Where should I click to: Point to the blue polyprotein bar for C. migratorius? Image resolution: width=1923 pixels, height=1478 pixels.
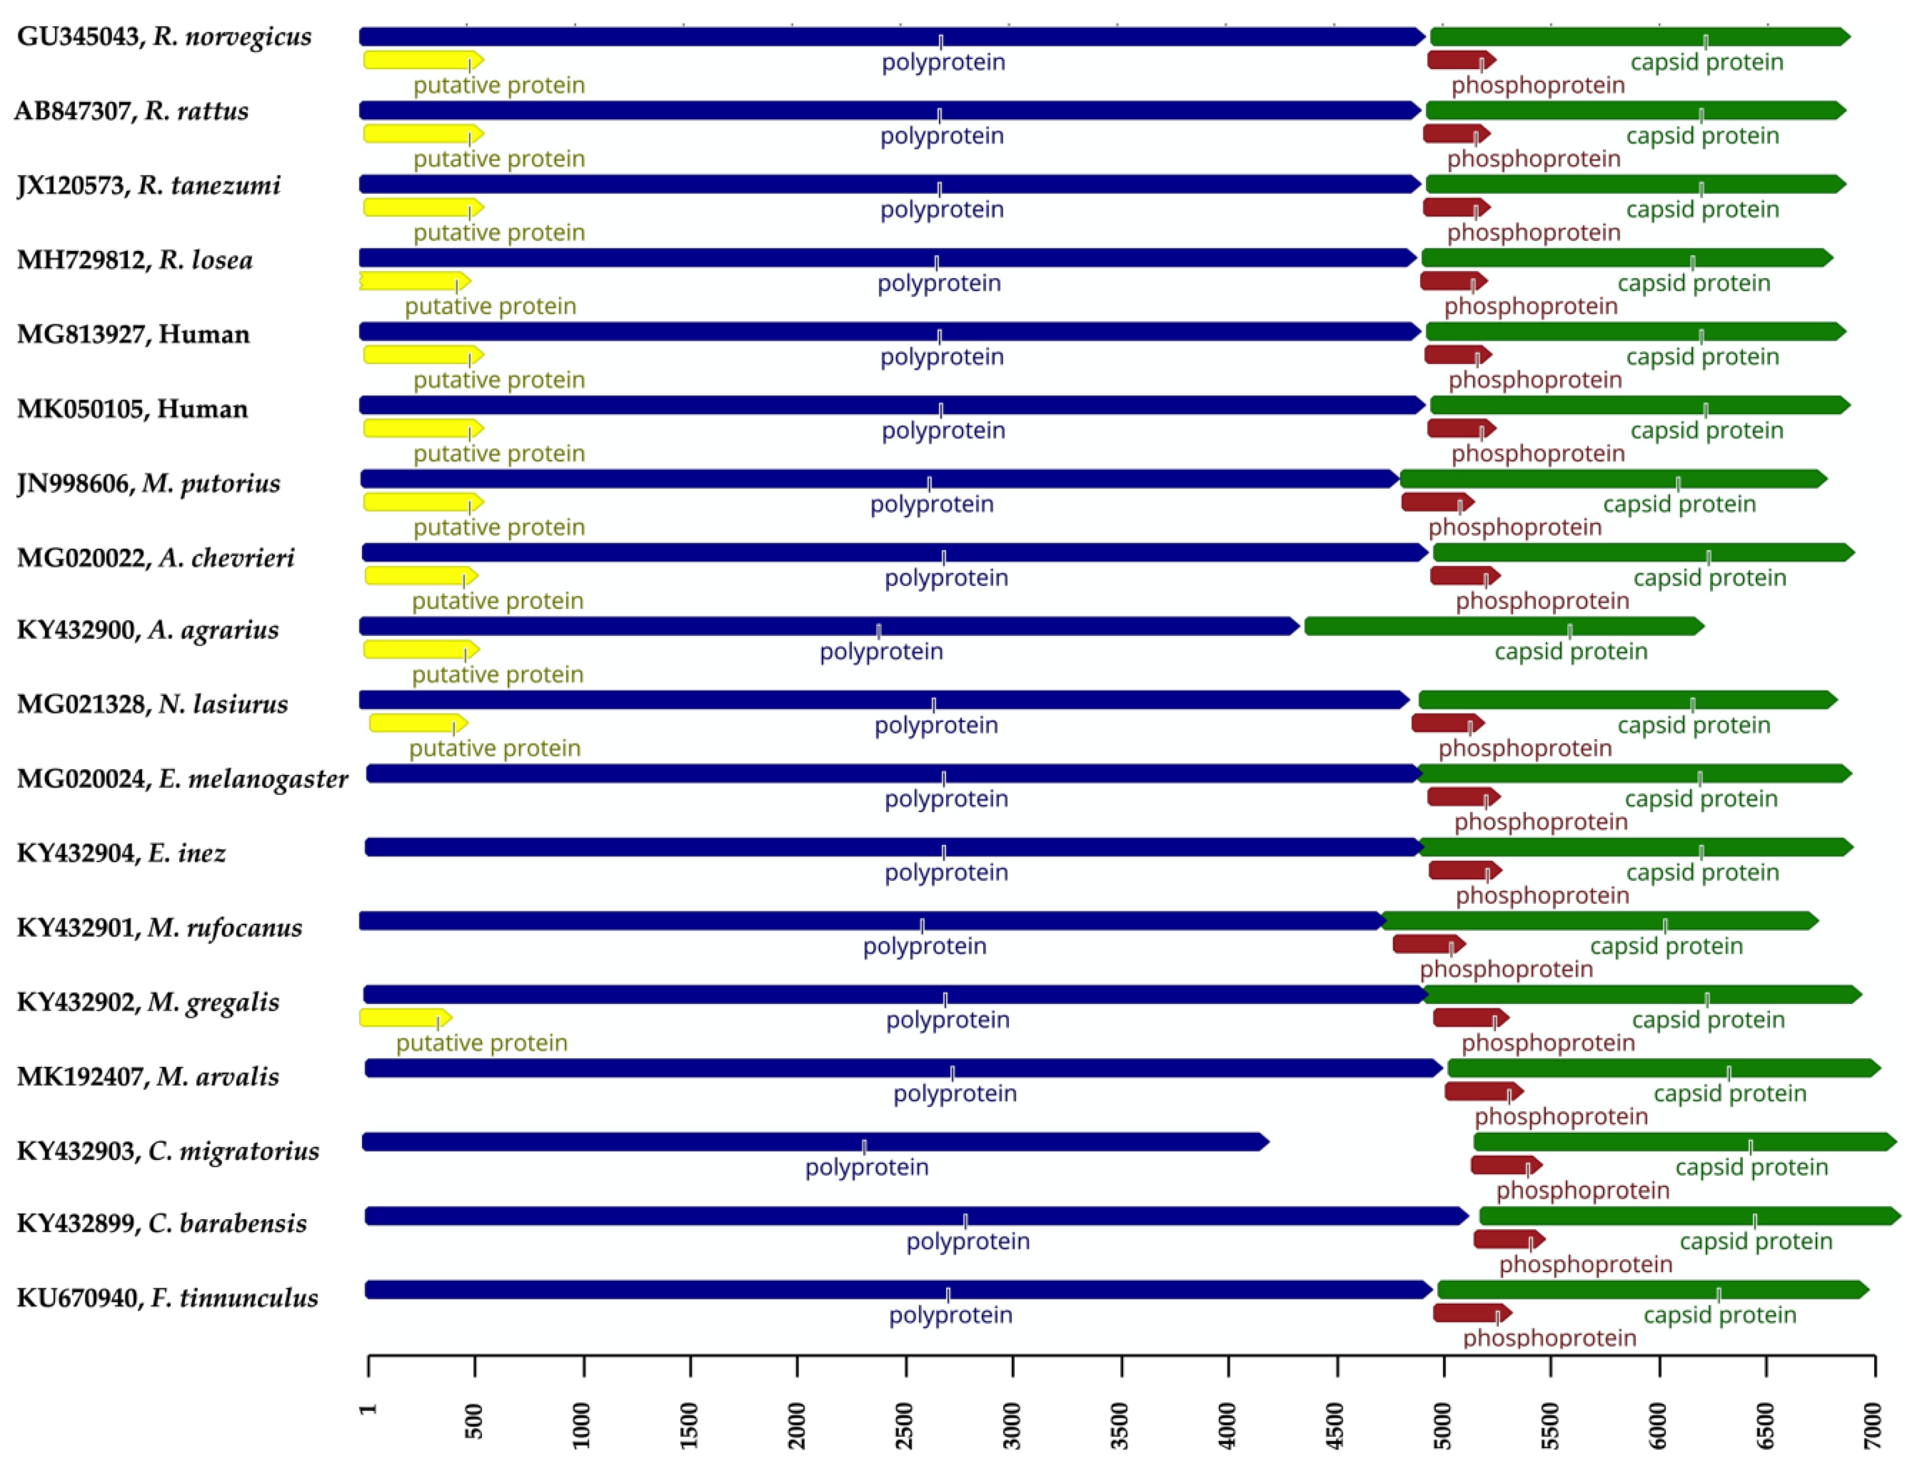814,1142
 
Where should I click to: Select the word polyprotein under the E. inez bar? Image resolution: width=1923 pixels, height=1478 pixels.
946,873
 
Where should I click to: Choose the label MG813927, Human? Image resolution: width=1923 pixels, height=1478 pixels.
134,334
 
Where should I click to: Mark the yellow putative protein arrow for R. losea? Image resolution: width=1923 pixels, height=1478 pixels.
413,281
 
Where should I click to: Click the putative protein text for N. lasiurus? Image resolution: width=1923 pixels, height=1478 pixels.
495,749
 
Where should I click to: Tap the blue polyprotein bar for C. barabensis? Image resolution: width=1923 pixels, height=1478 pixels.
915,1217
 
